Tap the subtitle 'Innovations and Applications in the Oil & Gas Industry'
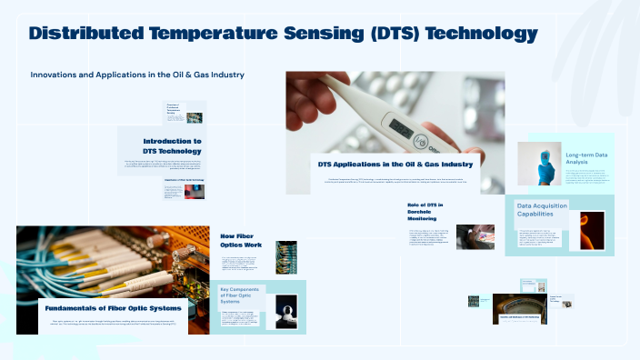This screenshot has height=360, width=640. [137, 74]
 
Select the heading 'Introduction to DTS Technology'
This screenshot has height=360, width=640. [172, 145]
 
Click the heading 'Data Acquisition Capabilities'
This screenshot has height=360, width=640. [542, 211]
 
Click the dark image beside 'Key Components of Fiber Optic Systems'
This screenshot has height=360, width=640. [285, 311]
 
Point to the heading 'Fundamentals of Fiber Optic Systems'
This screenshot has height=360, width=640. [114, 308]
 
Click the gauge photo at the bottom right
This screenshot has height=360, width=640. [520, 307]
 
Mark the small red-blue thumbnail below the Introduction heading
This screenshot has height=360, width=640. [195, 192]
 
